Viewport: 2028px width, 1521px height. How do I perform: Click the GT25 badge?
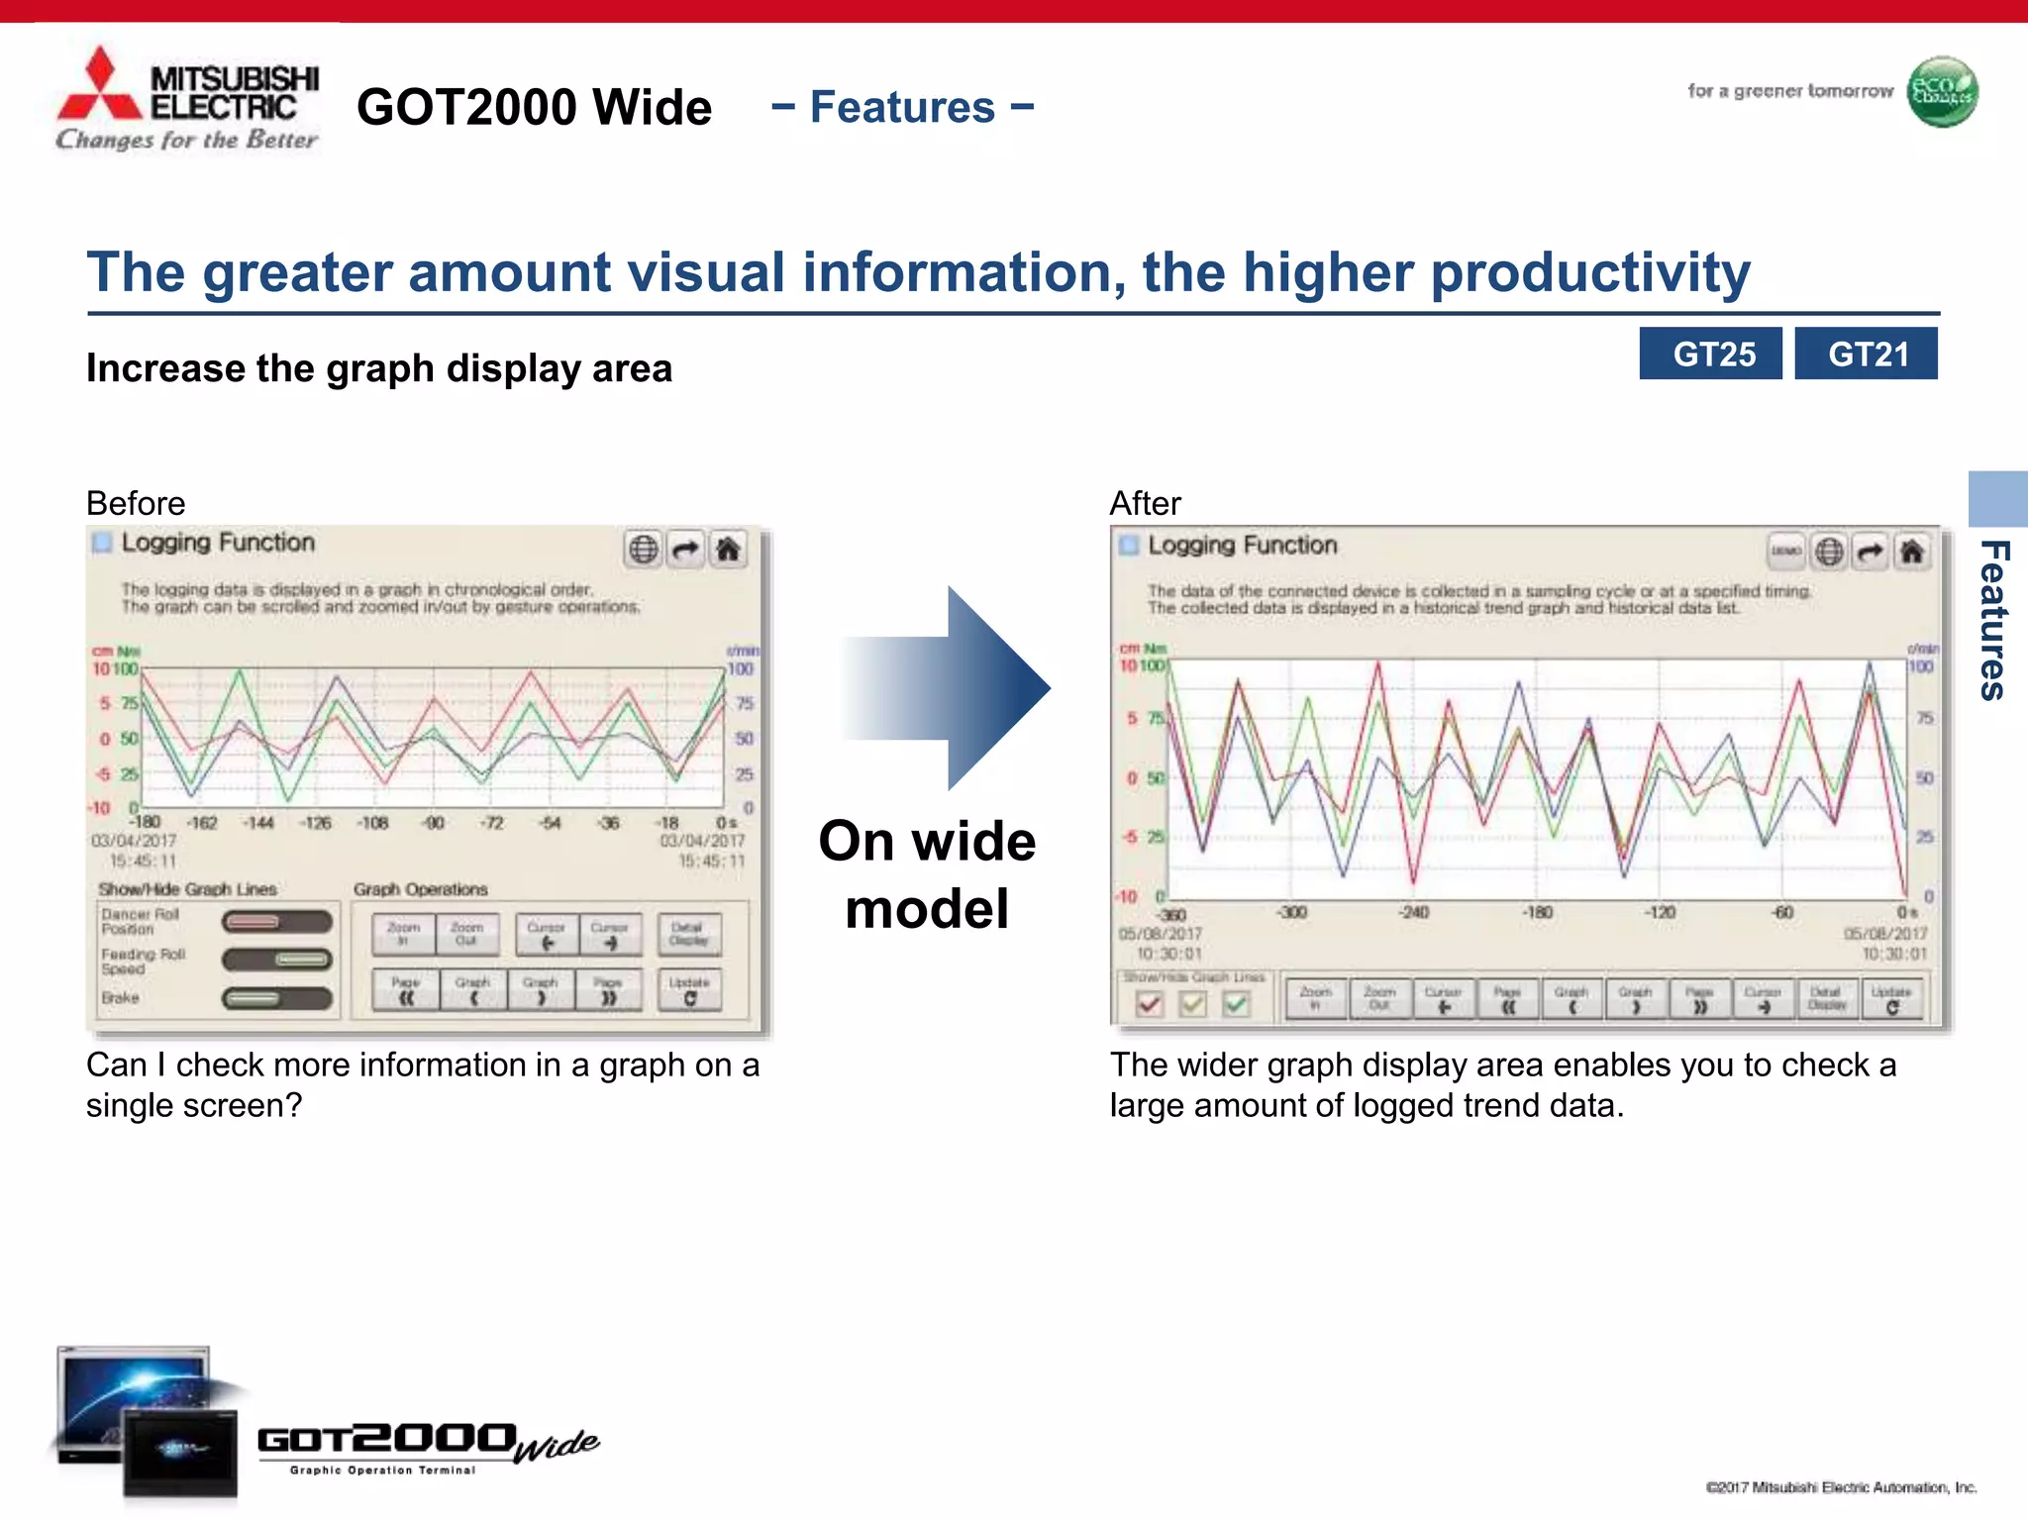click(x=1710, y=354)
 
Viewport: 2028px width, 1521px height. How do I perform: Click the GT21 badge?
click(x=1866, y=354)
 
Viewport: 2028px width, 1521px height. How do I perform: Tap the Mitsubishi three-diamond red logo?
click(x=99, y=87)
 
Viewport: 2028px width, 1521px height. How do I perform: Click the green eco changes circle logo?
click(x=1942, y=92)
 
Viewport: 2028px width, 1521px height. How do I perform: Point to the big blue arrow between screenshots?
click(x=951, y=687)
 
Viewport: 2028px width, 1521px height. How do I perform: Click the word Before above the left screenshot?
click(x=136, y=503)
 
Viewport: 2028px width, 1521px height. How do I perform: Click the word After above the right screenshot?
click(x=1145, y=503)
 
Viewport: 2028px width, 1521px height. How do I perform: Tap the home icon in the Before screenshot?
click(x=728, y=549)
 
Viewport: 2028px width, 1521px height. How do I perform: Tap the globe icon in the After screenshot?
click(x=1829, y=552)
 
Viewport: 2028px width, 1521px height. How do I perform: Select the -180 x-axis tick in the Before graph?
click(x=146, y=822)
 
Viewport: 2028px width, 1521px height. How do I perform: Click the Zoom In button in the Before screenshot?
click(x=403, y=934)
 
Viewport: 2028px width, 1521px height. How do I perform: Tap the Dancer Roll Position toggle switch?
click(x=276, y=922)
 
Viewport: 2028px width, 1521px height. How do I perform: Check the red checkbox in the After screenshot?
click(x=1149, y=1004)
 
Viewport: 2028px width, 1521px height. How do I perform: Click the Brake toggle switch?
click(x=276, y=998)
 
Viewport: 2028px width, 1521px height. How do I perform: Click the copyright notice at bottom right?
click(x=1841, y=1487)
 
